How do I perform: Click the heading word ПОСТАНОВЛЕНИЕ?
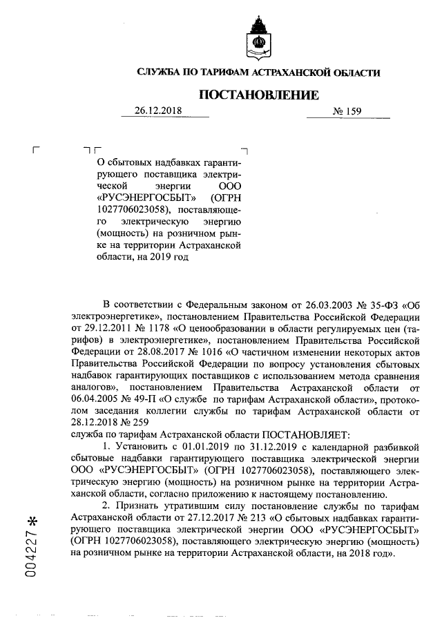pyautogui.click(x=259, y=95)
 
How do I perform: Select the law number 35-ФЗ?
pyautogui.click(x=379, y=305)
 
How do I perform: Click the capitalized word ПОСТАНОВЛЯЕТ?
pyautogui.click(x=305, y=434)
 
